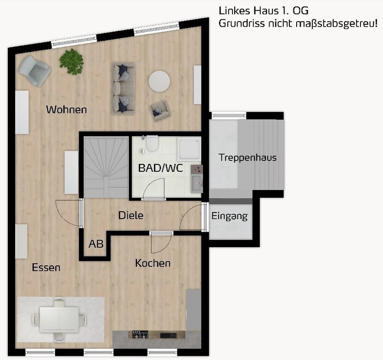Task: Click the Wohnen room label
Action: tap(67, 110)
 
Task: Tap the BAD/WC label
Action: tap(160, 168)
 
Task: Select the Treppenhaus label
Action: tap(248, 157)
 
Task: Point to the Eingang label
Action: tap(230, 216)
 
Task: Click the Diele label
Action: tap(131, 215)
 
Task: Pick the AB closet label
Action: tap(96, 243)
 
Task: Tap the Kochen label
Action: tap(152, 263)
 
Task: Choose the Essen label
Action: tap(46, 267)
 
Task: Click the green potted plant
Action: tap(71, 61)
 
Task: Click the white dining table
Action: tap(59, 318)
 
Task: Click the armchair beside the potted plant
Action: tap(34, 69)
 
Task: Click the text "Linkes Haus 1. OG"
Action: tap(263, 10)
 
